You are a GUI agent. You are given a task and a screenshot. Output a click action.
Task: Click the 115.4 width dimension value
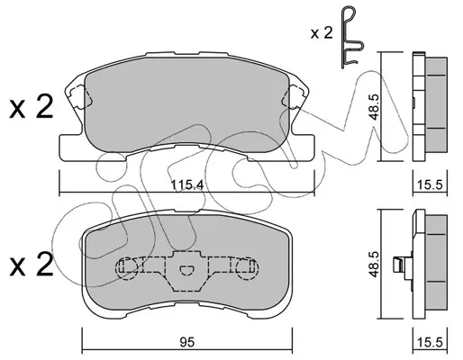coord(187,184)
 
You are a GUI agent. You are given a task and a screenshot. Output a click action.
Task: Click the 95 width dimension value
coord(187,342)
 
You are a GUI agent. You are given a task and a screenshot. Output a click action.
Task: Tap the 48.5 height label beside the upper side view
coord(374,106)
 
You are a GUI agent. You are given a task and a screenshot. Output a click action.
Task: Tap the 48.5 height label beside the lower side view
coord(374,264)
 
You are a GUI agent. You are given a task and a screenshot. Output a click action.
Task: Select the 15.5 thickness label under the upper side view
coord(430,184)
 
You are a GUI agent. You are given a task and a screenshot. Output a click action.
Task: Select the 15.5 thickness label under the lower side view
coord(430,342)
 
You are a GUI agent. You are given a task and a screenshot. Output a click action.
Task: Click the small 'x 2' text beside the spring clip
coord(322,32)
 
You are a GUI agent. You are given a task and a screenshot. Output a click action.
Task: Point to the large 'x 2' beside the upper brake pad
coord(32,106)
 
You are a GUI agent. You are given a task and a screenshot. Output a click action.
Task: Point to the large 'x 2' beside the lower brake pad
coord(32,264)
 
